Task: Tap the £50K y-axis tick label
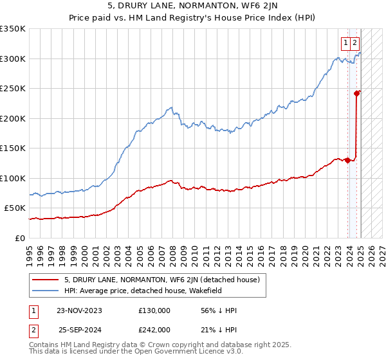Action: coord(14,208)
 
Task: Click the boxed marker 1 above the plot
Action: coord(345,43)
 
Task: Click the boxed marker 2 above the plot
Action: coord(356,43)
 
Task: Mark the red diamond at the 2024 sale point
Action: coord(356,93)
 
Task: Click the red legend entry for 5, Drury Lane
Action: coord(161,280)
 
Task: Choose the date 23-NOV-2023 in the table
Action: coord(79,310)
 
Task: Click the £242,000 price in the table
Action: coord(154,329)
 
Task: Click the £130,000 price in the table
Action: coord(154,310)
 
